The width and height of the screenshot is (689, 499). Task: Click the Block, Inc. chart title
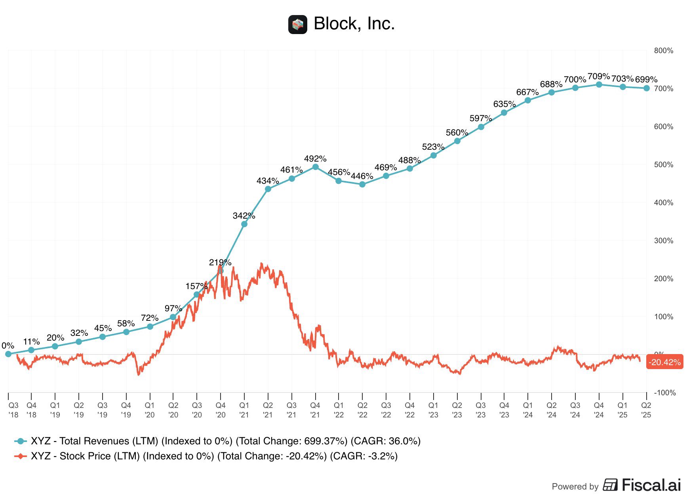(x=354, y=24)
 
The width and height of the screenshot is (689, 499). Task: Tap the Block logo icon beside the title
(x=297, y=25)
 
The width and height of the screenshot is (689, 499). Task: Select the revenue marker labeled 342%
(x=244, y=224)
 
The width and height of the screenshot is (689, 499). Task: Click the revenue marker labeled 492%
(x=316, y=167)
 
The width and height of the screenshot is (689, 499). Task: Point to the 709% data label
(x=598, y=76)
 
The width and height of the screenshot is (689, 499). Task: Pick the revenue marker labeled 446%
(x=362, y=184)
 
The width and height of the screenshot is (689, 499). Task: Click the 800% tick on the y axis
(x=663, y=51)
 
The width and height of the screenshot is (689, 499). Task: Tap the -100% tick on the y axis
(x=664, y=392)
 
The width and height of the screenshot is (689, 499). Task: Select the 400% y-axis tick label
(x=663, y=203)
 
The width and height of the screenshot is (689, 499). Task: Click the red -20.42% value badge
(x=664, y=362)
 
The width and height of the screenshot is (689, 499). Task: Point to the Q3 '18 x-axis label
(x=13, y=410)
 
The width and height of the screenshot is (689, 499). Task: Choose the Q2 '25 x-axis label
(x=646, y=410)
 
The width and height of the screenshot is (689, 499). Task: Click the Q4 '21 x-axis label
(x=315, y=410)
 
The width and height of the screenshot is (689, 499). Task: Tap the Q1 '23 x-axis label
(x=433, y=410)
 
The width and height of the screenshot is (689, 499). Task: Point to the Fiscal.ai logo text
(x=642, y=485)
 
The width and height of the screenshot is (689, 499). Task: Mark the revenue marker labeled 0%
(x=8, y=354)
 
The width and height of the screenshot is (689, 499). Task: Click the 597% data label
(x=480, y=118)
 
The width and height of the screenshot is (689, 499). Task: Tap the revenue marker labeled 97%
(x=173, y=317)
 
